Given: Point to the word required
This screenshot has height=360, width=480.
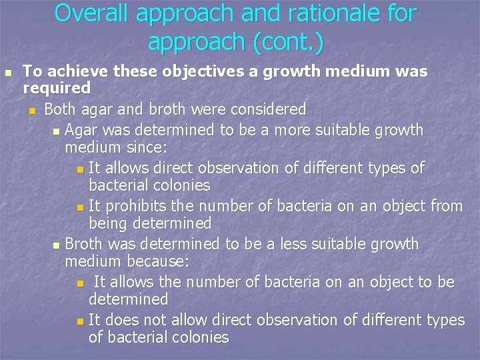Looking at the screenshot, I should coord(57,88).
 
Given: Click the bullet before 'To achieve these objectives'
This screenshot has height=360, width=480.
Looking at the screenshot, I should coord(7,72).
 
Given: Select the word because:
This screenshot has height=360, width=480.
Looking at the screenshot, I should coord(157,261).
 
